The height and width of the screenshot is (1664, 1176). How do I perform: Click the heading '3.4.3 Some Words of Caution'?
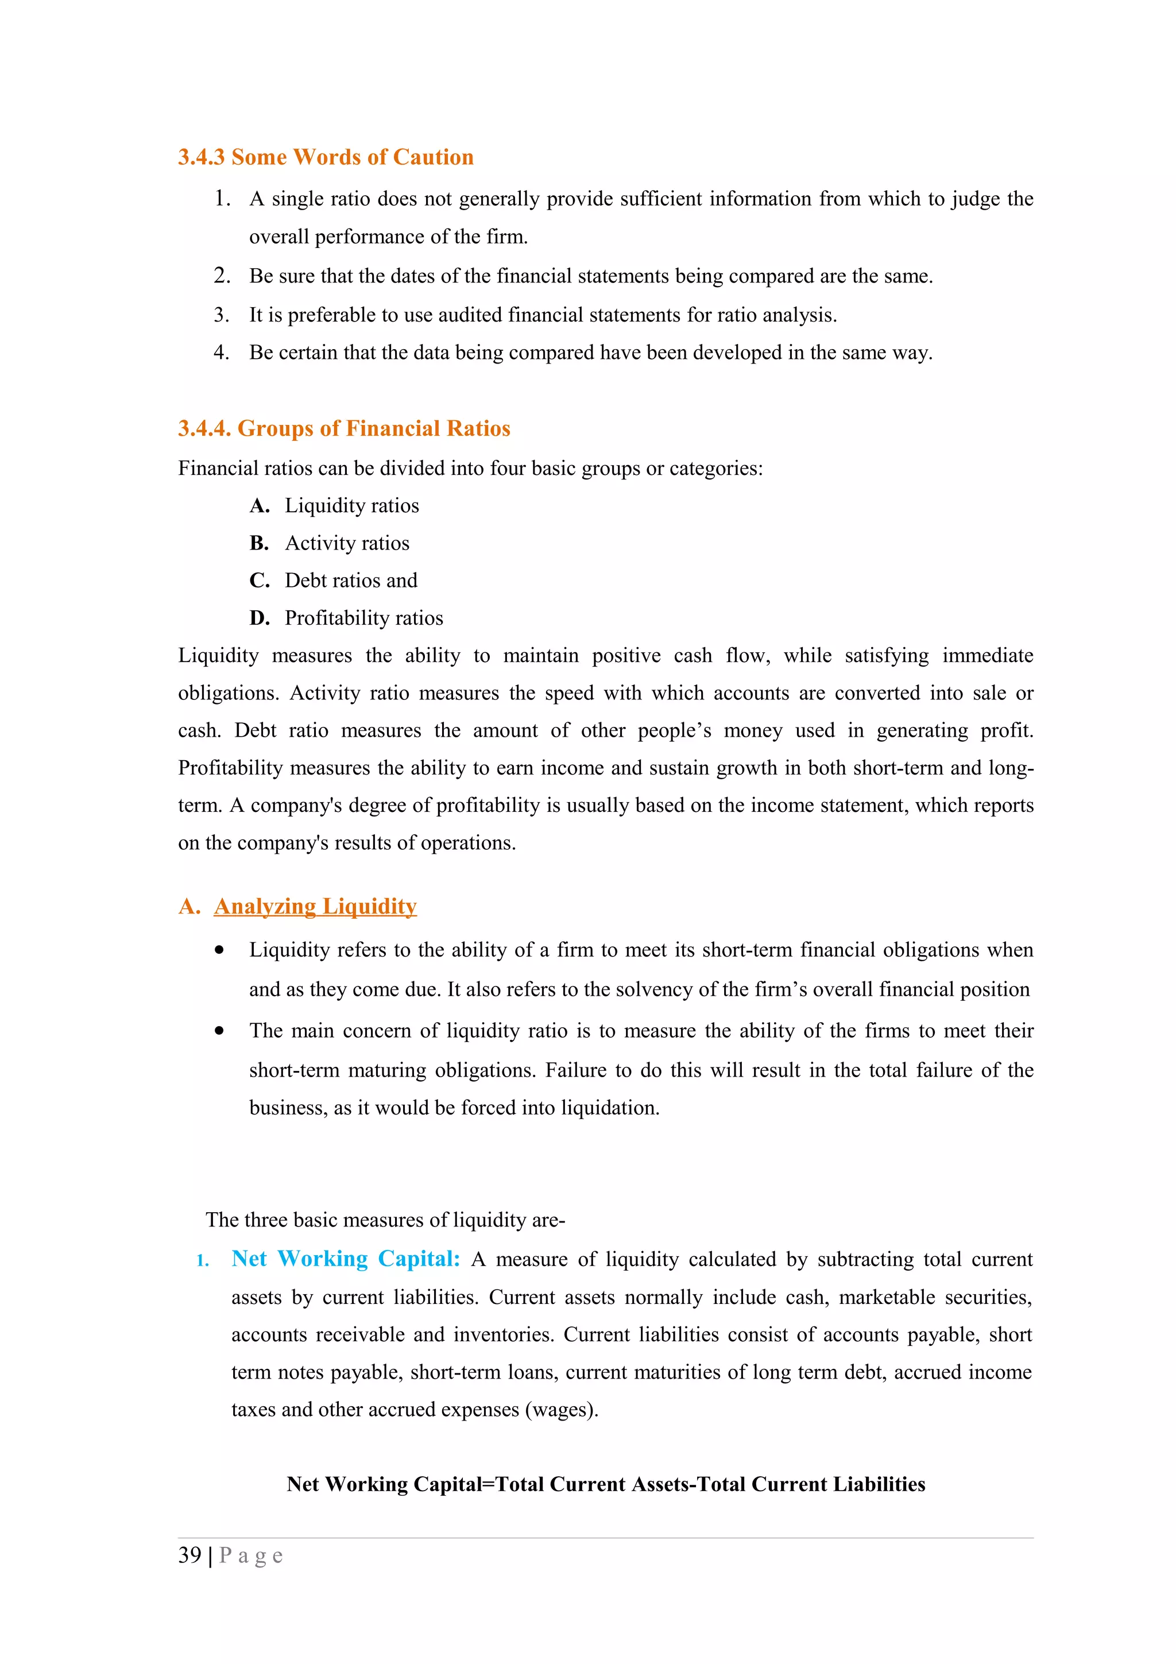(326, 157)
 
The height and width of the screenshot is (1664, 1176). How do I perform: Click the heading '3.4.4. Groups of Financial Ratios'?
(344, 428)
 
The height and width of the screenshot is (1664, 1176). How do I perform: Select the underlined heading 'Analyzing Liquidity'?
(315, 907)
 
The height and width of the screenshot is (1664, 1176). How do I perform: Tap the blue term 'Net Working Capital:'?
(346, 1259)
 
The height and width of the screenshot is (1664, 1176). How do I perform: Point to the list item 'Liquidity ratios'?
(351, 506)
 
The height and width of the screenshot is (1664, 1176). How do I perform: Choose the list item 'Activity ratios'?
(346, 544)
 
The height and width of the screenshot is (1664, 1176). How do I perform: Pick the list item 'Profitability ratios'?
(363, 618)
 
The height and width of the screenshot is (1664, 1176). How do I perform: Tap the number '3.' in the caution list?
(221, 315)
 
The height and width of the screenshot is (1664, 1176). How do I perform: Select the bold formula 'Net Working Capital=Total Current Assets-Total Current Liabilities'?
(606, 1484)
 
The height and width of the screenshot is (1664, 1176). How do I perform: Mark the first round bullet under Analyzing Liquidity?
(219, 951)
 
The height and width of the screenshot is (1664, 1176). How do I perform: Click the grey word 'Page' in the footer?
(251, 1555)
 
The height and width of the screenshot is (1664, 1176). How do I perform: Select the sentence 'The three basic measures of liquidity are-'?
(385, 1220)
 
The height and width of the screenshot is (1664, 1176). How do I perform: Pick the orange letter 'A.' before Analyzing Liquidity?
(188, 907)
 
